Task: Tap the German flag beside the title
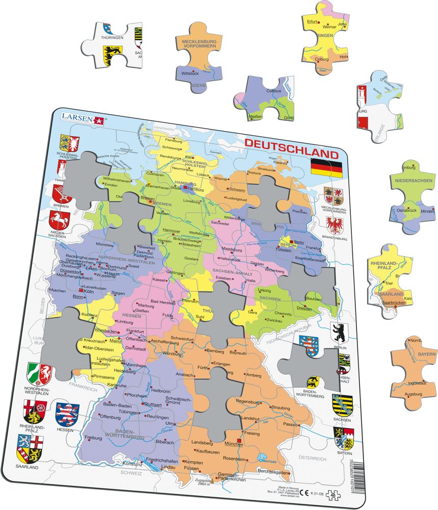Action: pos(326,167)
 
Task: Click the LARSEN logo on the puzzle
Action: pos(82,118)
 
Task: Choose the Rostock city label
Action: pos(253,173)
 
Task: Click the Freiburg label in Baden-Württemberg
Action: pos(93,437)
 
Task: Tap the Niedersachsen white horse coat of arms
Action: pos(60,221)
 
